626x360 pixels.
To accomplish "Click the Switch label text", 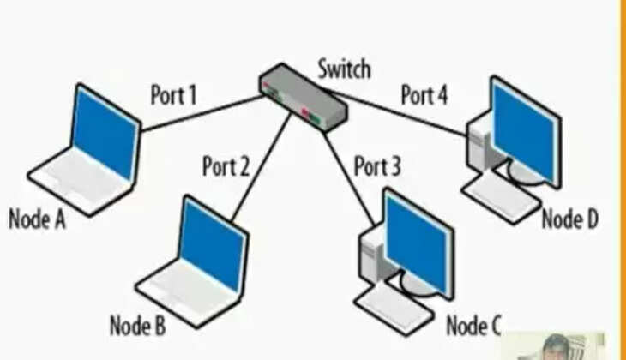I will pos(345,68).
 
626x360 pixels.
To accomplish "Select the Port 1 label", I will pos(173,94).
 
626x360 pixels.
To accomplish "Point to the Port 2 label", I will pos(226,165).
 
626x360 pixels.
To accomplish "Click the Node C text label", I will pos(473,326).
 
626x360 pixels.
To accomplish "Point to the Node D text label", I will pos(569,219).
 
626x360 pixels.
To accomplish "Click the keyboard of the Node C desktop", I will pos(394,308).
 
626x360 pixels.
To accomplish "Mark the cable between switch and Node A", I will pos(202,113).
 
